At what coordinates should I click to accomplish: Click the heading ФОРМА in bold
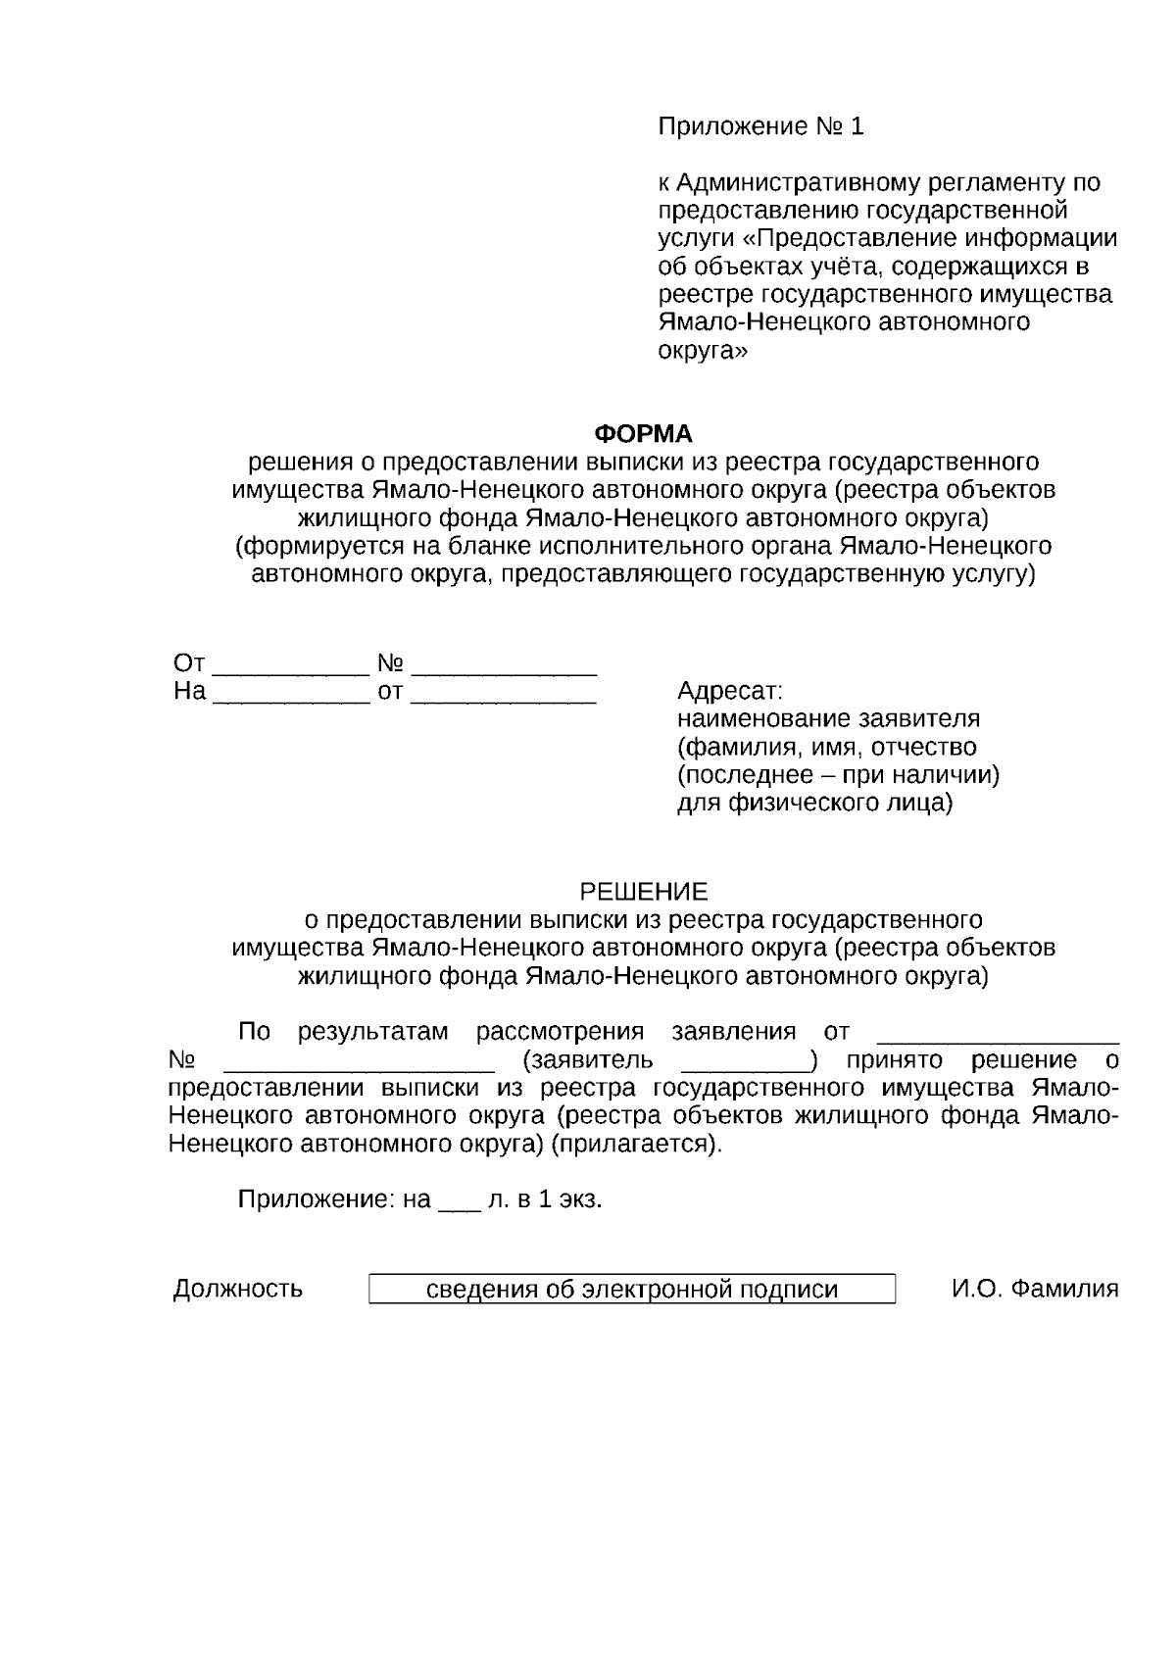pyautogui.click(x=644, y=433)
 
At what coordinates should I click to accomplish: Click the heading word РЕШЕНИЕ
pyautogui.click(x=644, y=892)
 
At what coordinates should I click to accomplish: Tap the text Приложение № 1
pyautogui.click(x=760, y=126)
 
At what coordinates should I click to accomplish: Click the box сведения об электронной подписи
pyautogui.click(x=632, y=1290)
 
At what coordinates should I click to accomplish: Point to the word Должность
pyautogui.click(x=238, y=1290)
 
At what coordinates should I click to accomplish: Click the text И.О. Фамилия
pyautogui.click(x=1035, y=1290)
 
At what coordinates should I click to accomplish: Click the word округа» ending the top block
pyautogui.click(x=702, y=351)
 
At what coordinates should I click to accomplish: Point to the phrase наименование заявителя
pyautogui.click(x=828, y=719)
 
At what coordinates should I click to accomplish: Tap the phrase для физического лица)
pyautogui.click(x=814, y=804)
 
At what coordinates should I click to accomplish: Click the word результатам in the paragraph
pyautogui.click(x=372, y=1032)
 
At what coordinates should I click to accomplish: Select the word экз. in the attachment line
pyautogui.click(x=580, y=1199)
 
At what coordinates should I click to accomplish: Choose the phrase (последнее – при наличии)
pyautogui.click(x=838, y=775)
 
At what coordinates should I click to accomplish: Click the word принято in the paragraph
pyautogui.click(x=895, y=1060)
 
